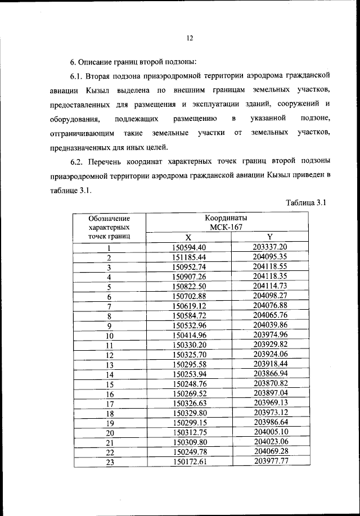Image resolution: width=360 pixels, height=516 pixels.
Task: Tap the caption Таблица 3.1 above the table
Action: pyautogui.click(x=305, y=203)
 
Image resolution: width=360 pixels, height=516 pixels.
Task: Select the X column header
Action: pyautogui.click(x=188, y=237)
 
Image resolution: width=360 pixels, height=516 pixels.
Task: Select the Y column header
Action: pyautogui.click(x=270, y=237)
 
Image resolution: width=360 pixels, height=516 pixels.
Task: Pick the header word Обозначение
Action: pyautogui.click(x=109, y=218)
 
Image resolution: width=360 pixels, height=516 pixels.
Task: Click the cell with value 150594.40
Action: pyautogui.click(x=189, y=247)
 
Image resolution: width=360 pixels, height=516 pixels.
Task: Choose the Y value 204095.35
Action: pyautogui.click(x=270, y=257)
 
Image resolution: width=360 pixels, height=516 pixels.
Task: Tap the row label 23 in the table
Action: pyautogui.click(x=109, y=462)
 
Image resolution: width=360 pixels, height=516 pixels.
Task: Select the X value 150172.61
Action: pyautogui.click(x=189, y=462)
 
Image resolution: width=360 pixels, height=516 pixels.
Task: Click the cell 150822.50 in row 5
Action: pyautogui.click(x=189, y=286)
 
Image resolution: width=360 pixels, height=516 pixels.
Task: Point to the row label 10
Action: pyautogui.click(x=109, y=335)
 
